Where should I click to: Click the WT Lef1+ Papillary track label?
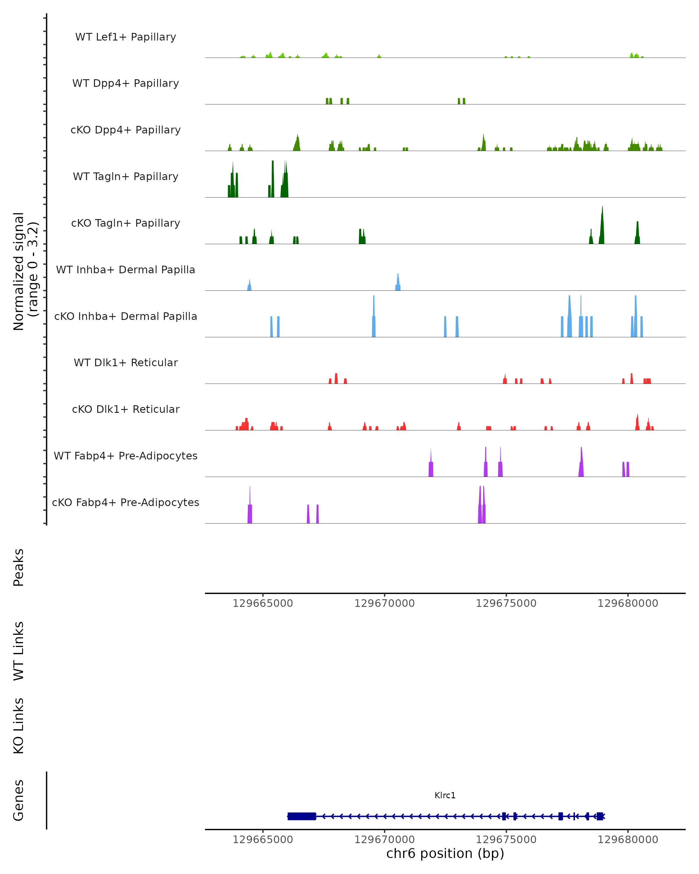[126, 37]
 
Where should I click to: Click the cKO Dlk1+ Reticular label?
[126, 409]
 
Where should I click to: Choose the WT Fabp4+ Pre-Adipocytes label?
[126, 456]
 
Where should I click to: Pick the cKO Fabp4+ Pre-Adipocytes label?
[126, 502]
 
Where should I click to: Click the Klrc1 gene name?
[445, 795]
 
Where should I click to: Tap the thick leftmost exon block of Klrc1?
[301, 816]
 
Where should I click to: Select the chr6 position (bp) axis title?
[445, 853]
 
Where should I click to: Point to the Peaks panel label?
[19, 567]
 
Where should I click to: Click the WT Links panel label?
[19, 651]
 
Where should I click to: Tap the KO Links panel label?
[19, 726]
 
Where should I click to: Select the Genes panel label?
[19, 800]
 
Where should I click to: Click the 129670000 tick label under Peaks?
[384, 603]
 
